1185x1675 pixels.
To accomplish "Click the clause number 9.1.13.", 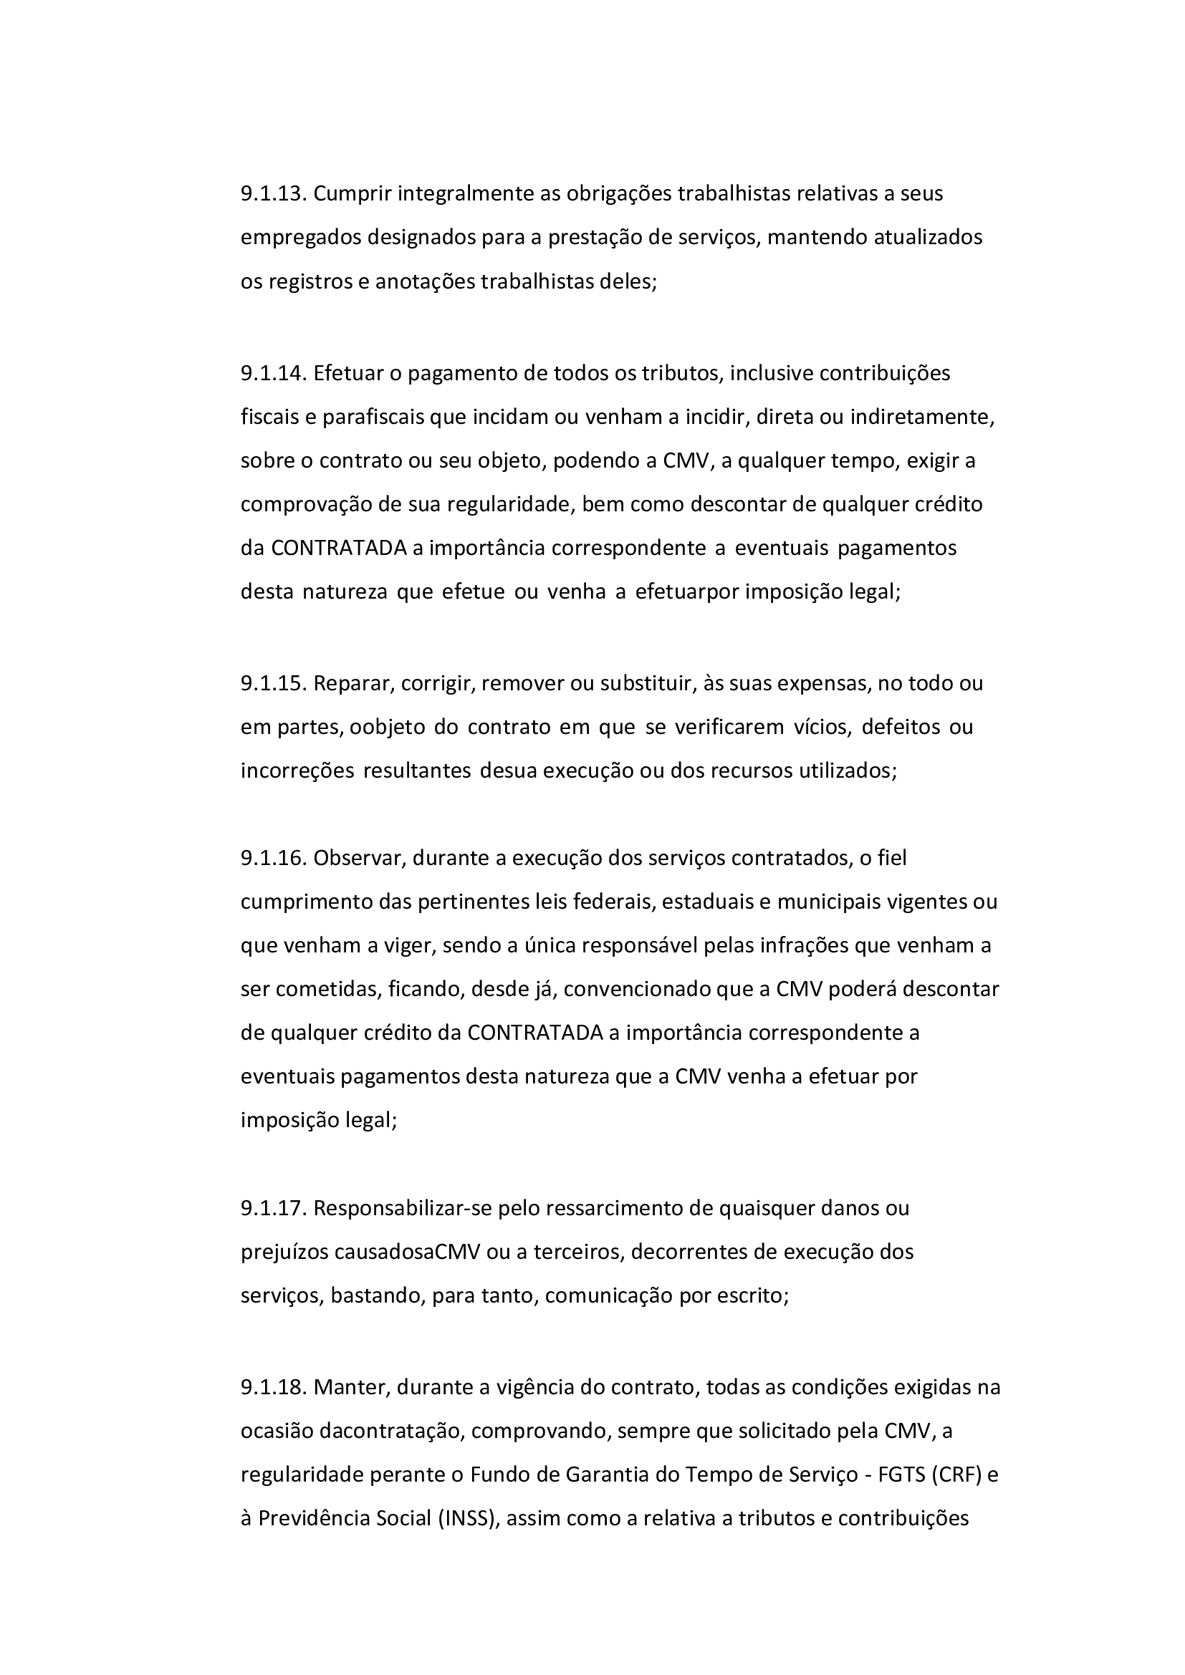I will [274, 194].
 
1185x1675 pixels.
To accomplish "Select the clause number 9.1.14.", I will [274, 374].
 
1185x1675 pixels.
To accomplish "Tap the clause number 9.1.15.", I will [274, 684].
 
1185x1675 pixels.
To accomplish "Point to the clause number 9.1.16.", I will [274, 858].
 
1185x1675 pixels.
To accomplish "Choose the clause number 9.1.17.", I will [274, 1208].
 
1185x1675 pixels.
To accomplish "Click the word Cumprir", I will [352, 194].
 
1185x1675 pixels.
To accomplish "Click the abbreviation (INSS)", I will [468, 1519].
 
